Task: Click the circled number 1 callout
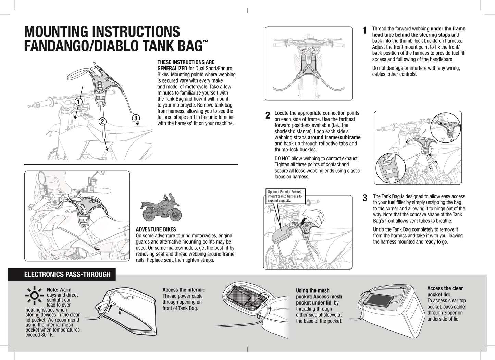pos(78,102)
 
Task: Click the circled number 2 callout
pos(102,121)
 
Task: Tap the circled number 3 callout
pos(136,118)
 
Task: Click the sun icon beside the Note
pos(34,296)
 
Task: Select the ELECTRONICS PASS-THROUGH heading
pos(67,274)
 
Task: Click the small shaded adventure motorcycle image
pos(161,209)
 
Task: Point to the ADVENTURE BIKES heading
pos(156,229)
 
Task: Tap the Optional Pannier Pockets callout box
pos(285,196)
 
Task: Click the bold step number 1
pos(364,30)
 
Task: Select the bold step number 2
pos(268,115)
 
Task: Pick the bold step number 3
pos(365,198)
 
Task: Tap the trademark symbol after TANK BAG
pos(205,42)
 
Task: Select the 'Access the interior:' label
pos(183,290)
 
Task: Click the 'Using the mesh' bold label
pos(312,290)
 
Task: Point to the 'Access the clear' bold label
pos(445,288)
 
